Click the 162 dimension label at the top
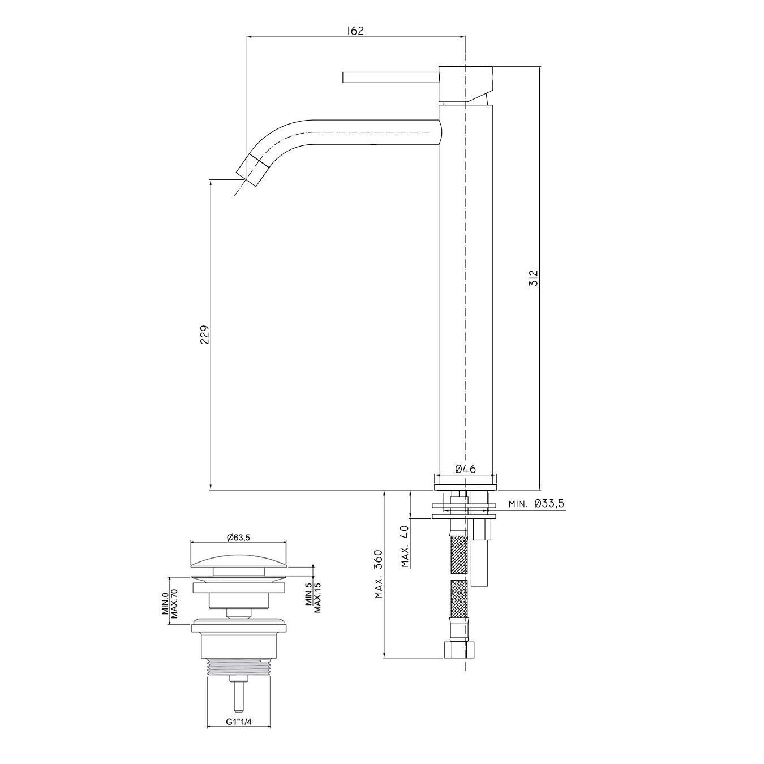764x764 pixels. [355, 31]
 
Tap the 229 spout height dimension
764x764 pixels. [204, 334]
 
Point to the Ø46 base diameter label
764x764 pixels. [465, 469]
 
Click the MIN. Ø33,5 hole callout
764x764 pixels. [536, 504]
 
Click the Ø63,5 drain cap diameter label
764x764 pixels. [238, 537]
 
